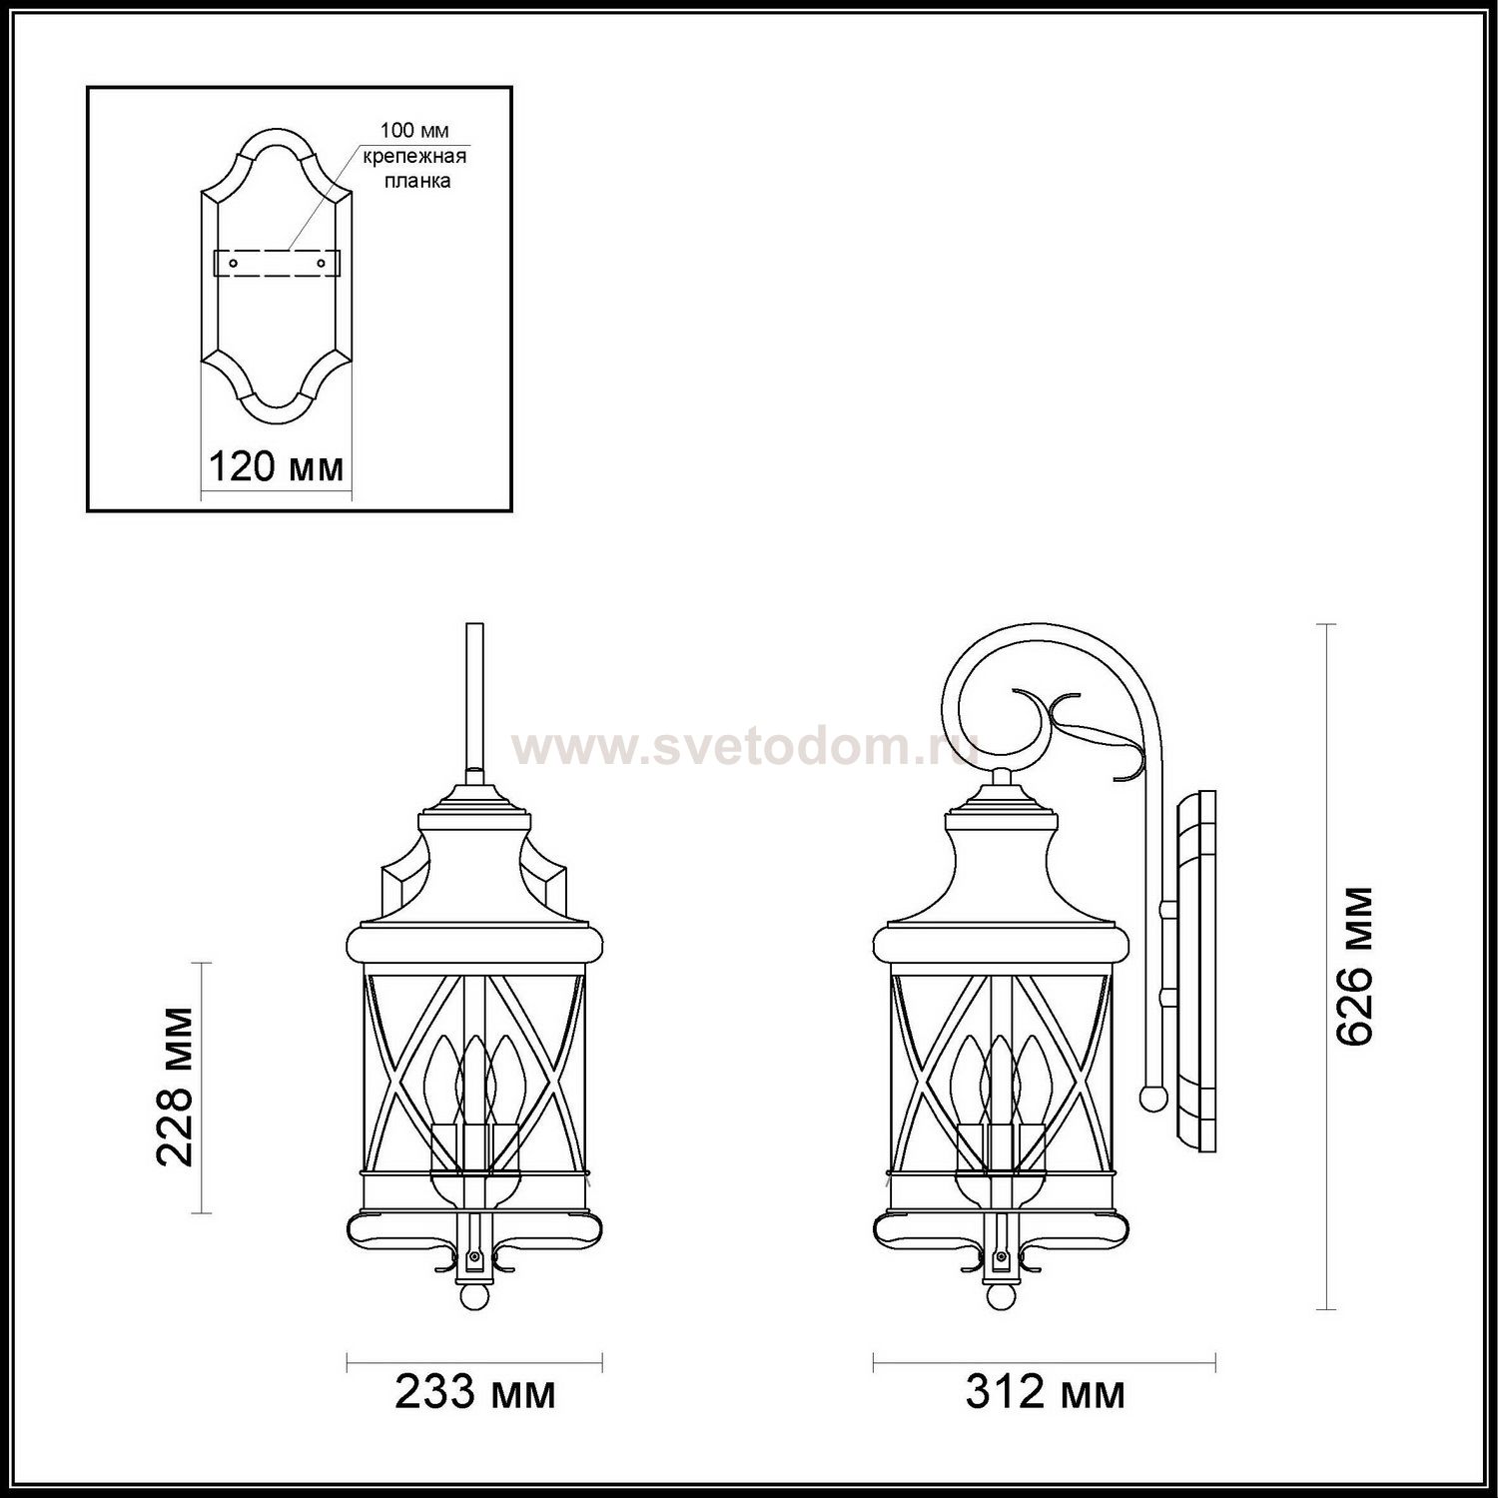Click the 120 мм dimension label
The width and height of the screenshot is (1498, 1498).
tap(275, 466)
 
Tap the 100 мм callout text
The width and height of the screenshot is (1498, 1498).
tap(414, 131)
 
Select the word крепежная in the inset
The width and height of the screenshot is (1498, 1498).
tap(414, 156)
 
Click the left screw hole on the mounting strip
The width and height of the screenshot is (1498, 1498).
tap(234, 263)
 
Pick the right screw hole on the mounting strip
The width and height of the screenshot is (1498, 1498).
tap(322, 263)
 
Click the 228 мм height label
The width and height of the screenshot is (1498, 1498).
tap(176, 1087)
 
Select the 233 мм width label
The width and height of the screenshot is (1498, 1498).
tap(474, 1391)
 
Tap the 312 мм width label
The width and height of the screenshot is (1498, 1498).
tap(1045, 1391)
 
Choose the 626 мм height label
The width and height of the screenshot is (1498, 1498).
tap(1355, 966)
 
